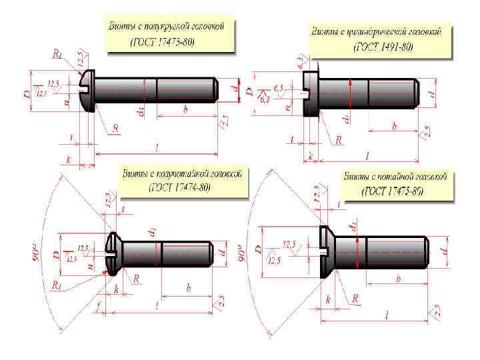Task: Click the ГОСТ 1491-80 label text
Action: (383, 47)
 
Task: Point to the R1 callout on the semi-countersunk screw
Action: (59, 284)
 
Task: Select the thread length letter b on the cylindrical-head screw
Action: (395, 126)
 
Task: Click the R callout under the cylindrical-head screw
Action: (339, 141)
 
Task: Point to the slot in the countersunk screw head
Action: (324, 251)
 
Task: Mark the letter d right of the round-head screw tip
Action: (234, 89)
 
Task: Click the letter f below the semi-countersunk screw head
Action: (99, 307)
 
